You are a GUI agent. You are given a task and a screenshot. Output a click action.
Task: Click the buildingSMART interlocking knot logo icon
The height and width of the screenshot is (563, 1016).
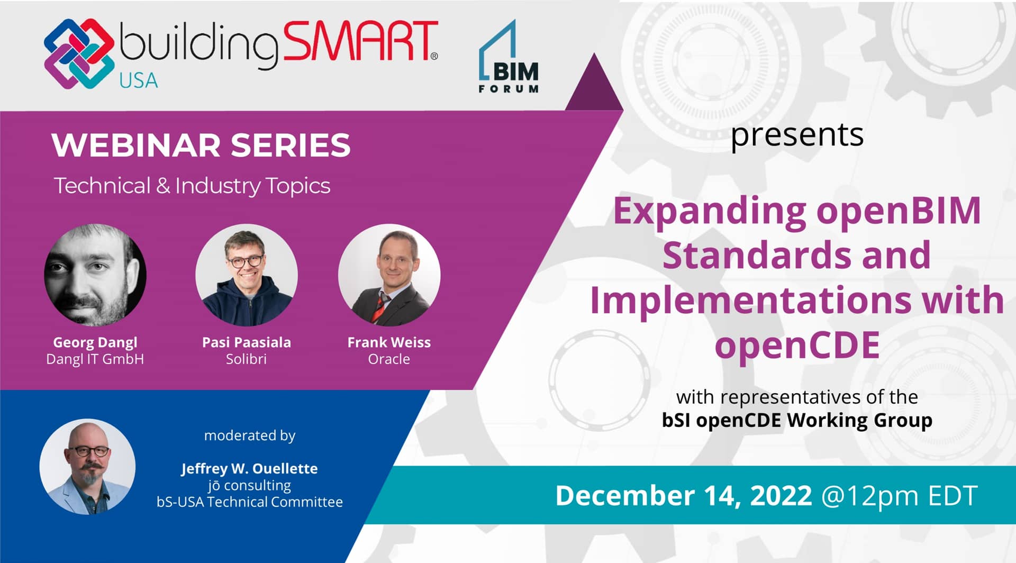coord(79,53)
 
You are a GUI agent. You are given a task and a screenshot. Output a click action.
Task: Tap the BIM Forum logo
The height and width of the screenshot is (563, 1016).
coord(509,58)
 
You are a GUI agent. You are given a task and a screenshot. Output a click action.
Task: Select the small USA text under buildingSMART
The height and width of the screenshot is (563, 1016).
coord(139,81)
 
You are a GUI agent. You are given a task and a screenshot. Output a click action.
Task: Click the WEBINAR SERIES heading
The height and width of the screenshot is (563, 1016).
coord(201,145)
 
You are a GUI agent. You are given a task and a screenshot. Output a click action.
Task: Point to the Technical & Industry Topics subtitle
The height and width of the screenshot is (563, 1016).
coord(192,186)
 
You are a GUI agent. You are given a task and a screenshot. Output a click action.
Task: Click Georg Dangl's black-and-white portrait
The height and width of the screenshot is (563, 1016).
coord(95,275)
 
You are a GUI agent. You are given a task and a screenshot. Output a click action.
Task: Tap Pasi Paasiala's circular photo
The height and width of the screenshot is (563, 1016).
coord(247,275)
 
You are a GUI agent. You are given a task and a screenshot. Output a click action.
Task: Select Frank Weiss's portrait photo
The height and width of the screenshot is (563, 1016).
coord(389,275)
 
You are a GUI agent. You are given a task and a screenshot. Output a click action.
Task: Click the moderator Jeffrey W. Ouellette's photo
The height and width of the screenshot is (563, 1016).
coord(87,467)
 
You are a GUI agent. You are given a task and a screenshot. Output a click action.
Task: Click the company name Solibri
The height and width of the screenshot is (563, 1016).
coord(246,359)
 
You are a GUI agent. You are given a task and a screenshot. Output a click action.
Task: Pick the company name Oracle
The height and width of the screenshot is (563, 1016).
coord(389,359)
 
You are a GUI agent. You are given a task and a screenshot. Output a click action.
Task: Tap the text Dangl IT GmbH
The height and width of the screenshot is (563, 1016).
coord(95,359)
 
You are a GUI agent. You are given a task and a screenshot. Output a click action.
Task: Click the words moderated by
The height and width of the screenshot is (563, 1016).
coord(250,435)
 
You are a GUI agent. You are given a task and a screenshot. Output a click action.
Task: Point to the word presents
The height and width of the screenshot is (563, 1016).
coord(797,135)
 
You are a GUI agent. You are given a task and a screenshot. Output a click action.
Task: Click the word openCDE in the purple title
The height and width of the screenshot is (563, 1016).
coord(797,345)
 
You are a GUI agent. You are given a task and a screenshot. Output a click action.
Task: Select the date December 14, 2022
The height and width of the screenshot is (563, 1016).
coord(683,496)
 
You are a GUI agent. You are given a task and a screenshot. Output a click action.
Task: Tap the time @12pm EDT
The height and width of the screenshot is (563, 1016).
coord(899,496)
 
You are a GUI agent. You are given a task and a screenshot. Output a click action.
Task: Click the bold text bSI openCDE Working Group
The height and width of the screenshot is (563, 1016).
coord(797,420)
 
